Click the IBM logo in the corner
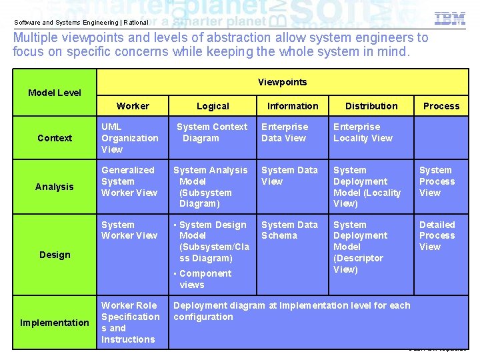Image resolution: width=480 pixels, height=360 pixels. coord(450,19)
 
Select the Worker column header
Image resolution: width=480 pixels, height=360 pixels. coord(133,106)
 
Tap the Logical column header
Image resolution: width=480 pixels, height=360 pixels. coord(213,106)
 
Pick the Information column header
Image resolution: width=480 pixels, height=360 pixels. coord(293,106)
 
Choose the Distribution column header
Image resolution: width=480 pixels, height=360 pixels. coord(371,106)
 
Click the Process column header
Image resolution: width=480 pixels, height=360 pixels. coord(441,106)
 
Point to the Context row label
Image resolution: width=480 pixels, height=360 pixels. coord(55,138)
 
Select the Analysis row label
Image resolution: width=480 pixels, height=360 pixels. coord(55,187)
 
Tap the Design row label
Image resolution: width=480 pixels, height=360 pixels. coord(55,255)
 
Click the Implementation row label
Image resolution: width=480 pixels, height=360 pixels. coord(55,323)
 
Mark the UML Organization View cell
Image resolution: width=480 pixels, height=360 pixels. coord(129,138)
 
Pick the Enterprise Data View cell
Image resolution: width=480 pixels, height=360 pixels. coord(284,133)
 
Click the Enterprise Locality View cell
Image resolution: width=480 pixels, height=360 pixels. coord(363,133)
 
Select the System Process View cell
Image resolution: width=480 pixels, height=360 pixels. coord(437,181)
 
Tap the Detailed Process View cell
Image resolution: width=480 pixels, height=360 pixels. coord(437,236)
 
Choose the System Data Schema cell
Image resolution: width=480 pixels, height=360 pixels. coord(289,230)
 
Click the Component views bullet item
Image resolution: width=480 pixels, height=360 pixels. coord(204,279)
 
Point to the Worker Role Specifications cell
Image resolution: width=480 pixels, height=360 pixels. coord(130,323)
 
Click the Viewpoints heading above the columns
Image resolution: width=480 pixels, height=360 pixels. coord(282,82)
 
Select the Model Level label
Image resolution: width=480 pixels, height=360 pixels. coord(55,93)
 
